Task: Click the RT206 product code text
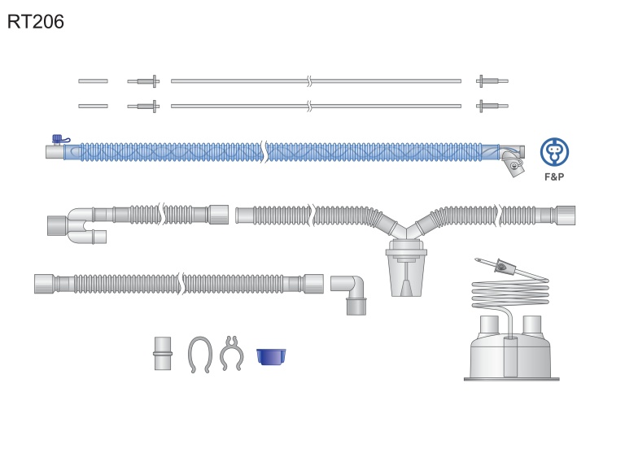tap(36, 21)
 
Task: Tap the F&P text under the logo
tap(554, 177)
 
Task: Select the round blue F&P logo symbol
tap(554, 152)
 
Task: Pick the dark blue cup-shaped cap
tap(271, 356)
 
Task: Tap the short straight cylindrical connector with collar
tap(163, 354)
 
